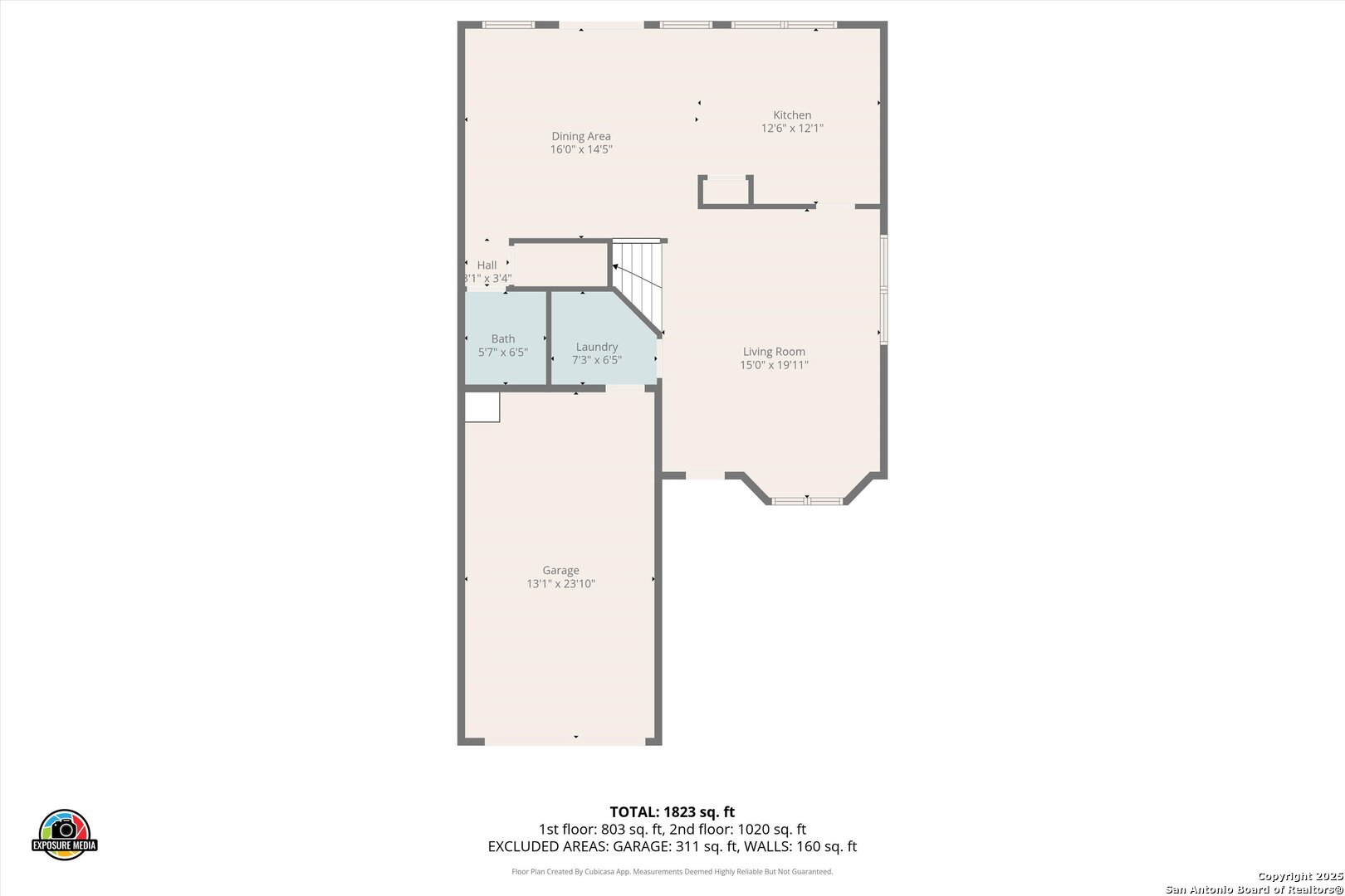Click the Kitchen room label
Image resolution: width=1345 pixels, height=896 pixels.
pos(792,115)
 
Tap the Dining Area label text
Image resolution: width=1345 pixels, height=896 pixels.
pos(581,136)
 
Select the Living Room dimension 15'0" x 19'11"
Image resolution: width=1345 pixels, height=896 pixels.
pos(774,365)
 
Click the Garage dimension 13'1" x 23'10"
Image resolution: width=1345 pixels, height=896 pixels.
pos(560,584)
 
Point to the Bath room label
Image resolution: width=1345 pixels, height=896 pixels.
pos(503,338)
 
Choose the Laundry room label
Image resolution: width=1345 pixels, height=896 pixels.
pos(597,347)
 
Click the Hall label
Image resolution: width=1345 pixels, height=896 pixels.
pos(487,265)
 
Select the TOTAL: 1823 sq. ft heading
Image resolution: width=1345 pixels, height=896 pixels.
pos(672,812)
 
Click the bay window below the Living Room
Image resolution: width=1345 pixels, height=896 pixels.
pos(807,500)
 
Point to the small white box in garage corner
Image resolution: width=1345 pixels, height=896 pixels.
pos(482,407)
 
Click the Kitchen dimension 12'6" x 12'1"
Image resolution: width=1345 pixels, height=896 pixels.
pos(792,129)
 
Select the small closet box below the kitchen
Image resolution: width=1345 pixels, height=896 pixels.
pos(726,191)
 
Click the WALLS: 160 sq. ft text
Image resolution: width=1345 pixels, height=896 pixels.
pos(804,847)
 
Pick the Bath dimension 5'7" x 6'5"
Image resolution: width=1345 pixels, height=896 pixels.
pos(503,353)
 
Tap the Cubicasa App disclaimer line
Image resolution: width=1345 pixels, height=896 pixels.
pos(672,872)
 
